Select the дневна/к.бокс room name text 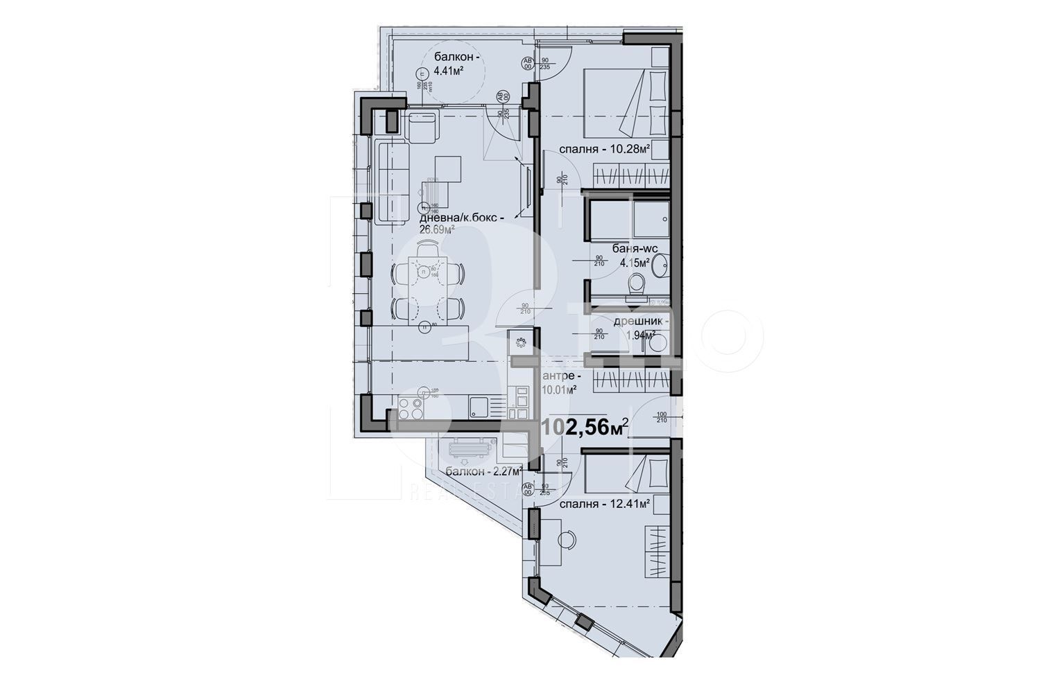point(460,217)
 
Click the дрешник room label point(642,322)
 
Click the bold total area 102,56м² point(585,428)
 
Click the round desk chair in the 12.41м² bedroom point(565,538)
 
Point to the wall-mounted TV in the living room point(530,187)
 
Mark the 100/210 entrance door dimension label point(661,417)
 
